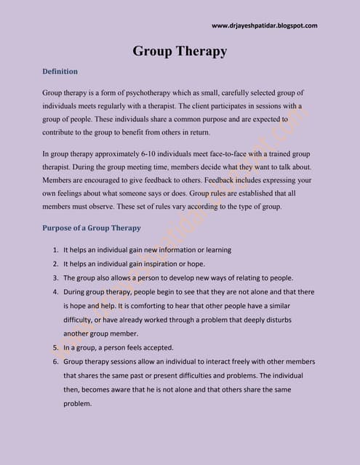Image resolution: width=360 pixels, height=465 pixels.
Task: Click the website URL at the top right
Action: point(264,26)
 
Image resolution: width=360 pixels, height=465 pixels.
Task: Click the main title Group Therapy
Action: point(180,51)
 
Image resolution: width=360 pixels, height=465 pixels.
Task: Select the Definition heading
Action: point(60,72)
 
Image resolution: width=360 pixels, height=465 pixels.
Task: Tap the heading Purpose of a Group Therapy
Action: point(92,227)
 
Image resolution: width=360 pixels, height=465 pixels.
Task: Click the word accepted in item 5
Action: point(169,347)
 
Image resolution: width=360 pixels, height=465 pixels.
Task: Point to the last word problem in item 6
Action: point(77,403)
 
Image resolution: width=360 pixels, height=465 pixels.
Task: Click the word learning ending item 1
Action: point(217,250)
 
